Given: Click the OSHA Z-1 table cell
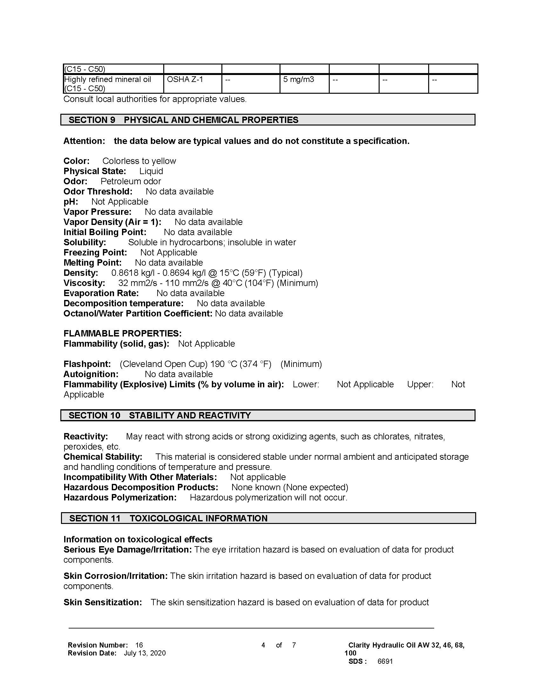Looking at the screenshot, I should (185, 79).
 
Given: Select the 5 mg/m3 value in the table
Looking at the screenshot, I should (298, 79).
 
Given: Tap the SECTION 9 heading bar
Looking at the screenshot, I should (267, 120).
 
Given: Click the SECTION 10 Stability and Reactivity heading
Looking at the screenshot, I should (267, 415).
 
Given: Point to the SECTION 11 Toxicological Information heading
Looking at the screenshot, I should (268, 518).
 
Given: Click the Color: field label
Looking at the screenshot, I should (77, 161).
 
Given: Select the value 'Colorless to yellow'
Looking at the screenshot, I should (139, 161).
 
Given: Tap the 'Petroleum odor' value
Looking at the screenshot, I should (131, 181).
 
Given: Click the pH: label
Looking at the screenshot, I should (71, 202).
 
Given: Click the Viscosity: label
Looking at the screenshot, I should (84, 283).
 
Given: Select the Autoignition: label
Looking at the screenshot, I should (91, 374).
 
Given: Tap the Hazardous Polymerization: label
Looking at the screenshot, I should (120, 497).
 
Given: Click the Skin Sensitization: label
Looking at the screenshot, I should (102, 602).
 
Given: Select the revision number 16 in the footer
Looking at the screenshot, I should (139, 645).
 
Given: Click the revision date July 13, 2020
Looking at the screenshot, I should (145, 653).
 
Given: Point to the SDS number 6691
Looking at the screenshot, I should (385, 661).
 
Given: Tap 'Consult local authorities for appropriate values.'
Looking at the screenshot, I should (155, 99).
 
